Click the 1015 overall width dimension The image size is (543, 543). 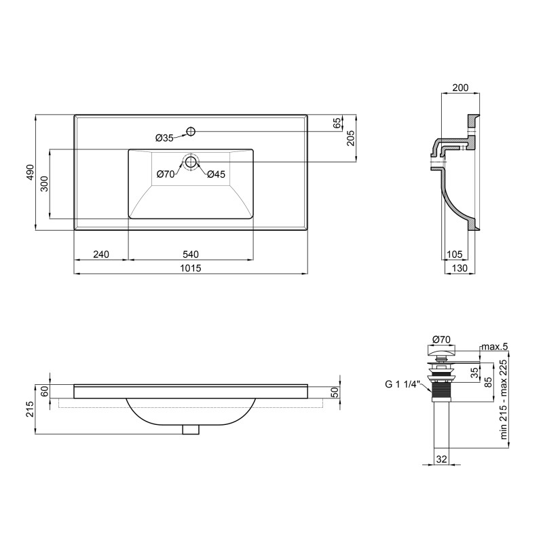pos(191,268)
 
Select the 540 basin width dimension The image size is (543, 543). pos(191,255)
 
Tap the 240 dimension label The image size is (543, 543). pos(101,255)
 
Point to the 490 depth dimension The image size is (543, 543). pos(31,172)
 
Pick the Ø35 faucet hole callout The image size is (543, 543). pos(164,138)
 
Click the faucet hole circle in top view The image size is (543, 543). pos(191,132)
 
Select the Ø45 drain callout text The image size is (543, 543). pos(216,174)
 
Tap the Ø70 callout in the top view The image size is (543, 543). pos(166,174)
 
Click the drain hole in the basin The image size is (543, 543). pos(191,162)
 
